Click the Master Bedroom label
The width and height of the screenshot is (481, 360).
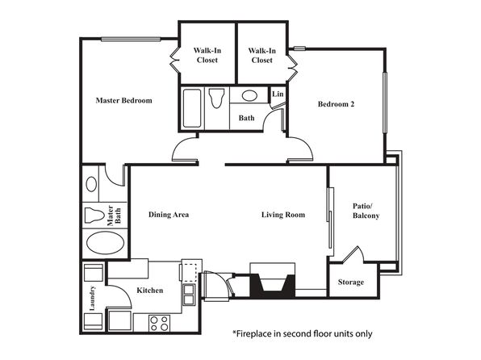click(x=124, y=100)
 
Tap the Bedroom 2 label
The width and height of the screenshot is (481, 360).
click(x=336, y=104)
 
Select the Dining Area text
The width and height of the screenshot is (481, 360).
click(x=169, y=215)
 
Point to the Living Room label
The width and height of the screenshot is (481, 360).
click(x=283, y=215)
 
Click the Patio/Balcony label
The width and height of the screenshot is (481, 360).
click(x=366, y=211)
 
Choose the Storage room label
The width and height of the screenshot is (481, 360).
click(x=351, y=282)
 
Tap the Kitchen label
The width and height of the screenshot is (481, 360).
click(x=149, y=291)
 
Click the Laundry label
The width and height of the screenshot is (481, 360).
click(x=92, y=298)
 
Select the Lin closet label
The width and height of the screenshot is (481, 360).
click(x=278, y=94)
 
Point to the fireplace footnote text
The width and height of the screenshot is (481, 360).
click(x=303, y=333)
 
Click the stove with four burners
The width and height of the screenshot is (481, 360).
click(x=160, y=324)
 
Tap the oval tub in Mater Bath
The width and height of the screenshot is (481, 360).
click(x=105, y=243)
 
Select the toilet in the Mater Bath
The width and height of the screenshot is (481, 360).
click(x=94, y=215)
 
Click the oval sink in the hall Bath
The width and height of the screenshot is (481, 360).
click(x=249, y=96)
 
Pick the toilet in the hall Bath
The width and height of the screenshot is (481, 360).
click(x=216, y=98)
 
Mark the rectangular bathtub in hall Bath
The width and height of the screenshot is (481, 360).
click(x=192, y=108)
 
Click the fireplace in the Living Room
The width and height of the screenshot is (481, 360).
click(x=273, y=280)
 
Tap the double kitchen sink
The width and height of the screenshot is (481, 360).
click(x=189, y=295)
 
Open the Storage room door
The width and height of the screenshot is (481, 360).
click(x=353, y=254)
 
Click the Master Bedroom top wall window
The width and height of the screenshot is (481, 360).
click(x=131, y=40)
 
